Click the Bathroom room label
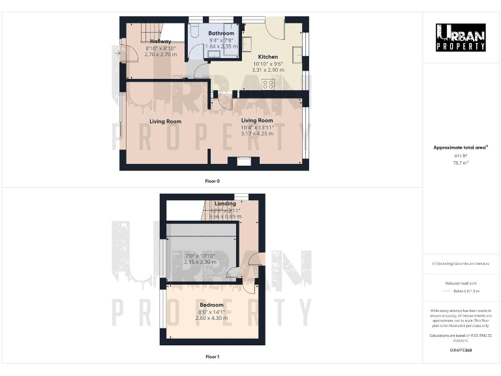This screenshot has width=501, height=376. click(220, 33)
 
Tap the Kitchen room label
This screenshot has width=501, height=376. click(268, 57)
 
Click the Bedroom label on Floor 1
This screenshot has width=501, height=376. click(211, 305)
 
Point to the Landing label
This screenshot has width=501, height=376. click(225, 204)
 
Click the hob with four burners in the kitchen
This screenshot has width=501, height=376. click(268, 84)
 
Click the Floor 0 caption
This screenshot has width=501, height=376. click(212, 180)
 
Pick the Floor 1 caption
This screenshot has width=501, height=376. click(212, 357)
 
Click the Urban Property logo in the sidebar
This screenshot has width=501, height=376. click(461, 37)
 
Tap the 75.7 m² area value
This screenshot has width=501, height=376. click(461, 163)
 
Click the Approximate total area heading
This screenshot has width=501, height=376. click(461, 148)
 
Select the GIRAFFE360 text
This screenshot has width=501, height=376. click(461, 351)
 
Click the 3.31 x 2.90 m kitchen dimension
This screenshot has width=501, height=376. click(268, 69)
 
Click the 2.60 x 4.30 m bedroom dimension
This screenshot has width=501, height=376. click(211, 318)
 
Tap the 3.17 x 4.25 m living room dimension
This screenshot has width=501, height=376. click(257, 133)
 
